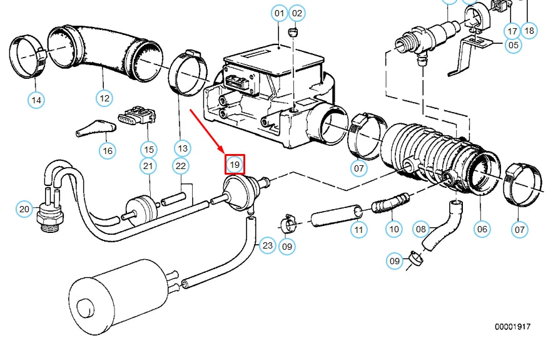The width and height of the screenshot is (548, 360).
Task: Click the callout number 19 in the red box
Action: (x=235, y=165)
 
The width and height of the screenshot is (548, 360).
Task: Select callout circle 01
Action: (x=279, y=13)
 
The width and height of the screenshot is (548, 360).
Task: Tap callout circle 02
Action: (x=297, y=13)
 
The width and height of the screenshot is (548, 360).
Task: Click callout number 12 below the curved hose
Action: (x=104, y=98)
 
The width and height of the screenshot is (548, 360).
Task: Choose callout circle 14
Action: (x=36, y=99)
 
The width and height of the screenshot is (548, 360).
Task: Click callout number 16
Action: (x=108, y=150)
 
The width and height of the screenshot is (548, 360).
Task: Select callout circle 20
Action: (x=24, y=208)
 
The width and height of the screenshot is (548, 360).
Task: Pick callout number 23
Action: (x=268, y=245)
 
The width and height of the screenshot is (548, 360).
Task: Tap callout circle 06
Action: (x=482, y=229)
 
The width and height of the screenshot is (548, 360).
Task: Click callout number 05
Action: (x=513, y=44)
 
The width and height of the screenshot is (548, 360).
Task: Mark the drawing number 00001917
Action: (x=512, y=327)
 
